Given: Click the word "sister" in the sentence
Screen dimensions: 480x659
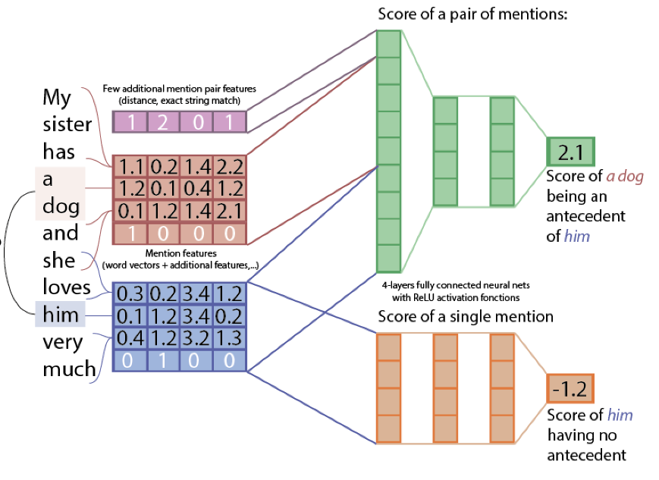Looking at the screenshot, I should click(67, 125).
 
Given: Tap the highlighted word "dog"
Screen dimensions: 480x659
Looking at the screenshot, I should click(60, 207).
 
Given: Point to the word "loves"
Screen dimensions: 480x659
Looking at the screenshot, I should click(66, 287).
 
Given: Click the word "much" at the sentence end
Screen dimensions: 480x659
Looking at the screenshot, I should click(68, 369).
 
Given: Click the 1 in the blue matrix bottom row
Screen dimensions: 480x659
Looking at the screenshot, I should click(164, 360).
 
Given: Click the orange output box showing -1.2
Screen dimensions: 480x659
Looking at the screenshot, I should click(570, 388).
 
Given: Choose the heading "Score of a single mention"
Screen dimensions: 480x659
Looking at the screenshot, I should click(466, 315).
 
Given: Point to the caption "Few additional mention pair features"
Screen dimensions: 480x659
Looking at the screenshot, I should click(179, 89).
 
